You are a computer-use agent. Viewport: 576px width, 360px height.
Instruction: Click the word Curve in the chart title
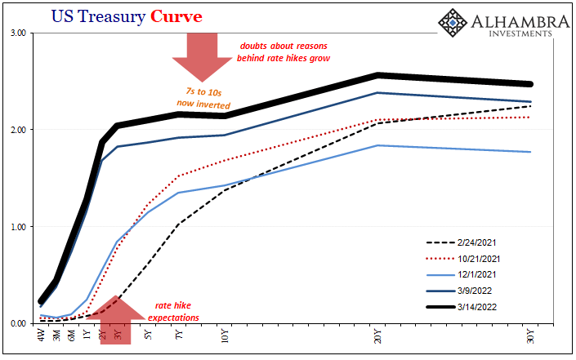coord(174,16)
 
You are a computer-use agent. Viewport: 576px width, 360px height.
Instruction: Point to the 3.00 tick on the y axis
coord(18,33)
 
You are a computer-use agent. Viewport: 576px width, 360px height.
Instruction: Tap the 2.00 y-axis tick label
coord(18,130)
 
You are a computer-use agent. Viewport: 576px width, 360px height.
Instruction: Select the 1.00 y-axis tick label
coord(18,226)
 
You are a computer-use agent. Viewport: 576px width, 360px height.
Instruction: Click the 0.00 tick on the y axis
coord(18,323)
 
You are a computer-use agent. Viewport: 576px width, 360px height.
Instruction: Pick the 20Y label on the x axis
coord(377,336)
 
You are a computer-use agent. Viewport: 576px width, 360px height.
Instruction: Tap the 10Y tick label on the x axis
coord(225,336)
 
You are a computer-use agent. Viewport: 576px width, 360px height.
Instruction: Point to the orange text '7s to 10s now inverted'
coord(204,98)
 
